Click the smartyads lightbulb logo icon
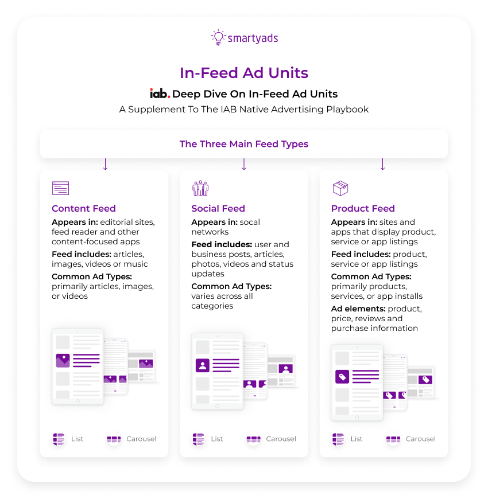tap(218, 37)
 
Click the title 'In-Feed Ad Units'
tap(244, 73)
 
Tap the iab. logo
tap(160, 93)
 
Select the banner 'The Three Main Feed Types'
tap(244, 144)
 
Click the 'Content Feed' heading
tap(84, 209)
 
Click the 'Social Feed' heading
tap(218, 209)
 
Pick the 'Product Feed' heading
tap(363, 209)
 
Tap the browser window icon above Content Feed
tap(60, 188)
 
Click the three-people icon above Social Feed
tap(200, 188)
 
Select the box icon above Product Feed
tap(340, 188)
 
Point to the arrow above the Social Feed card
tap(244, 164)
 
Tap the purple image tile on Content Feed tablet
tap(63, 360)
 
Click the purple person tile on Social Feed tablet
tap(202, 365)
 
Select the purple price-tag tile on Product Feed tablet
tap(342, 376)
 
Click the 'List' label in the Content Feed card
tap(77, 439)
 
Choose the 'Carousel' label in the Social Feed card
tap(281, 439)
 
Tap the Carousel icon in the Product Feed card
tap(393, 439)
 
